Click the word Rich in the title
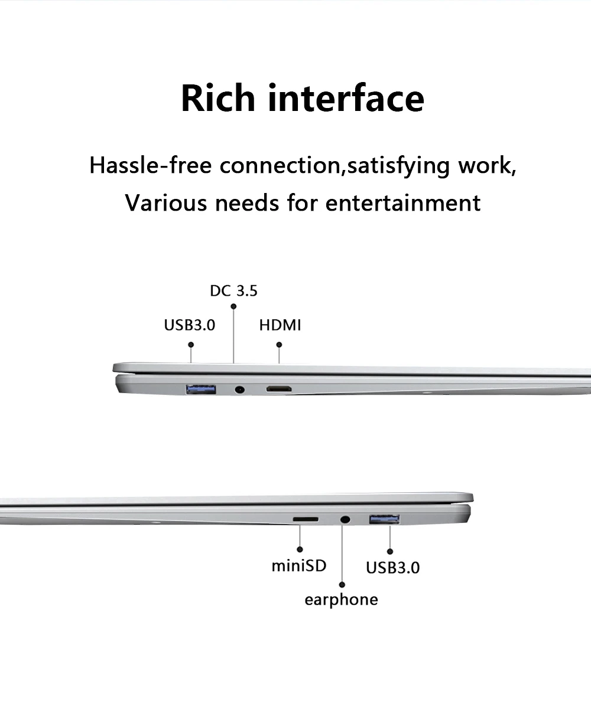(x=217, y=98)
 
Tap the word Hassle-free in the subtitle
(x=150, y=166)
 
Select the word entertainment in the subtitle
(x=403, y=203)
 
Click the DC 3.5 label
(x=233, y=291)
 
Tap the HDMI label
(x=280, y=325)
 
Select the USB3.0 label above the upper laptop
(x=189, y=325)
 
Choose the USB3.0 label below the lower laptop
(x=392, y=568)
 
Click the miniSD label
(x=298, y=565)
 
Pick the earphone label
(x=341, y=600)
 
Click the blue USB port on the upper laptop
(x=200, y=389)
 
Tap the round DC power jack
(x=240, y=390)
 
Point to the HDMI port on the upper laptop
(x=279, y=390)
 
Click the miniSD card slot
(x=306, y=519)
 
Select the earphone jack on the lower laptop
(x=345, y=519)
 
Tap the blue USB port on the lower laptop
(x=384, y=519)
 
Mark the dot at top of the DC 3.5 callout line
(x=233, y=306)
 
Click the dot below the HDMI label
(x=279, y=344)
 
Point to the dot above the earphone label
(x=342, y=584)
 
